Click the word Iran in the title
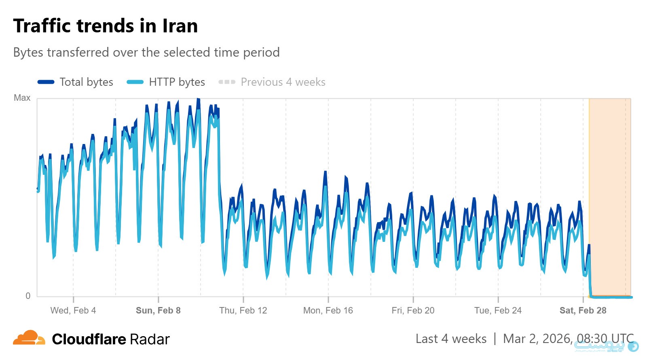pyautogui.click(x=180, y=26)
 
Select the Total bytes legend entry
pyautogui.click(x=86, y=82)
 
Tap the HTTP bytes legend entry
pyautogui.click(x=177, y=82)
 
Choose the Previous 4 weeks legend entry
pyautogui.click(x=283, y=82)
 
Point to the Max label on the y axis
pyautogui.click(x=22, y=98)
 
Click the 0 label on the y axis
pyautogui.click(x=28, y=296)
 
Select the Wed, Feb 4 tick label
pyautogui.click(x=73, y=310)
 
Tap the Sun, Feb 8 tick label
pyautogui.click(x=158, y=310)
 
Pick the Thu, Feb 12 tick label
pyautogui.click(x=243, y=310)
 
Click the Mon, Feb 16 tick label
pyautogui.click(x=328, y=310)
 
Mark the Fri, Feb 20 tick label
pyautogui.click(x=413, y=310)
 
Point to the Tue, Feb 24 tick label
pyautogui.click(x=498, y=310)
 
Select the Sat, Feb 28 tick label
pyautogui.click(x=583, y=310)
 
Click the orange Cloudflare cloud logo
pyautogui.click(x=29, y=338)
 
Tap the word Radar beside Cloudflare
pyautogui.click(x=150, y=339)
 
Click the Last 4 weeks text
pyautogui.click(x=451, y=339)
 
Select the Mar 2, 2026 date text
pyautogui.click(x=537, y=339)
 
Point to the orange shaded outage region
pyautogui.click(x=610, y=194)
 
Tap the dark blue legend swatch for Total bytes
pyautogui.click(x=46, y=82)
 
